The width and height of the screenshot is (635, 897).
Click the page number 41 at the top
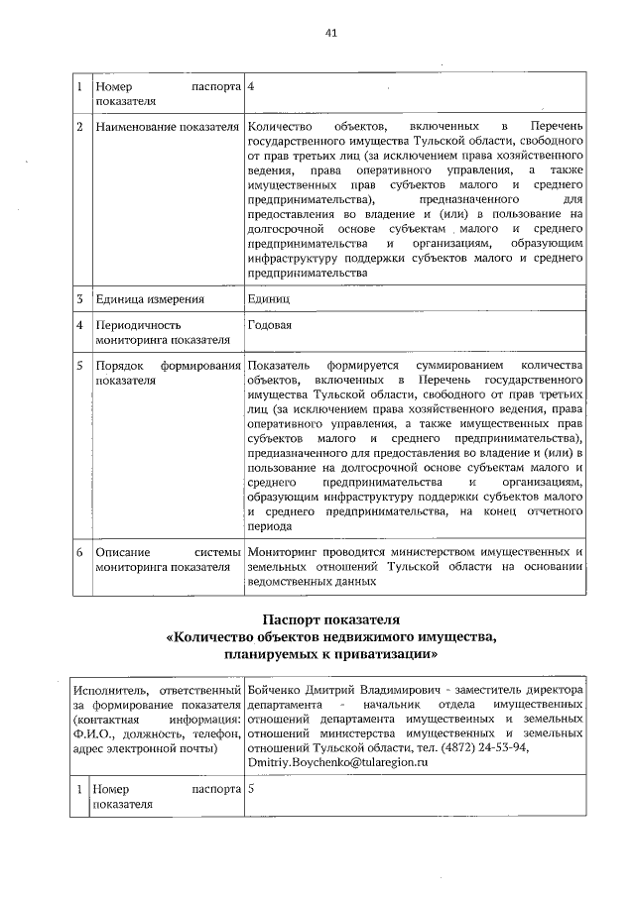tap(331, 33)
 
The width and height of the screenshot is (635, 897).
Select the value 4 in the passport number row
tap(252, 86)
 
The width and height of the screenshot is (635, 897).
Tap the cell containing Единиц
tap(269, 298)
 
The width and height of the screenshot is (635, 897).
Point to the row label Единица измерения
tap(150, 298)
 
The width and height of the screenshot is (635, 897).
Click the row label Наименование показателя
tap(167, 128)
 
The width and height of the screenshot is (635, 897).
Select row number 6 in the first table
tap(80, 551)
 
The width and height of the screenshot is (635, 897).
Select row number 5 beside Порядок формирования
tap(80, 367)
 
